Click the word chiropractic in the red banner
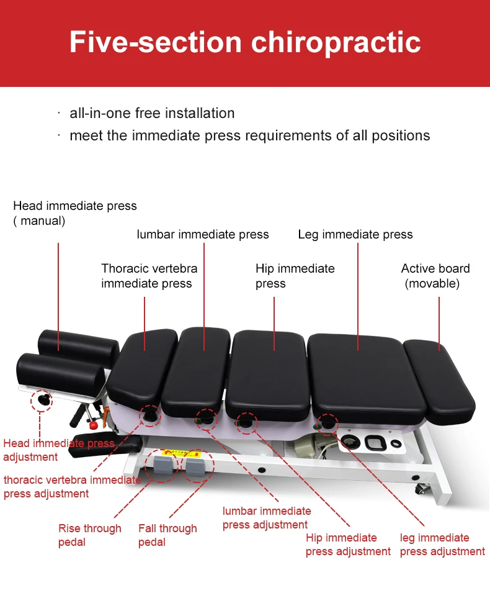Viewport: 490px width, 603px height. coord(336,42)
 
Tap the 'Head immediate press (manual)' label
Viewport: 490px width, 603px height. coord(74,213)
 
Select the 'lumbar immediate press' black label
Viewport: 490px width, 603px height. coord(203,234)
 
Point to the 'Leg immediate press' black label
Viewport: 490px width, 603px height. coord(355,234)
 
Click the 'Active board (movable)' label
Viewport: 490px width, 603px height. coord(435,276)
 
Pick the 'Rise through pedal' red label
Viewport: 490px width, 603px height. coord(90,535)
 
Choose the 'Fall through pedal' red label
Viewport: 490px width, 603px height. coord(167,535)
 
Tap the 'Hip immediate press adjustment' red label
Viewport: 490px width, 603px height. coord(348,544)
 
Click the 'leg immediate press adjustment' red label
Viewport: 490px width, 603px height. coord(442,544)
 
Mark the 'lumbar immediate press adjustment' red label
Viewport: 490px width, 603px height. coord(267,517)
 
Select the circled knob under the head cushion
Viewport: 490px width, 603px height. coord(42,400)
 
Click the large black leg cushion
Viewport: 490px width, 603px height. coord(359,373)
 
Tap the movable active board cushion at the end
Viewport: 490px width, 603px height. coord(439,379)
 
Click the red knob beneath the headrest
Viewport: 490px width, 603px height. coord(94,425)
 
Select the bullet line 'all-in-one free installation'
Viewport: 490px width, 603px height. coord(152,113)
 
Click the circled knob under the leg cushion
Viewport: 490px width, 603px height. coord(326,424)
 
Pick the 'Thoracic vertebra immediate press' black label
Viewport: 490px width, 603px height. coord(149,276)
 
